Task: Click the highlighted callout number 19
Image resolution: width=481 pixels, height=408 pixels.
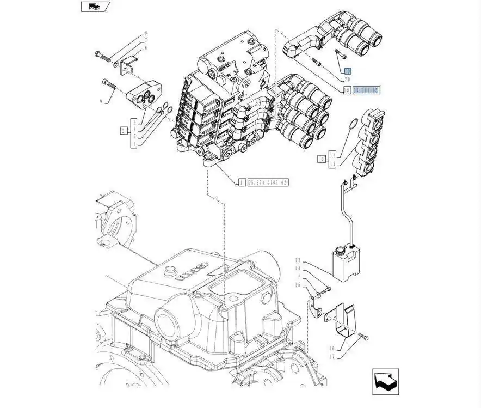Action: [x=348, y=71]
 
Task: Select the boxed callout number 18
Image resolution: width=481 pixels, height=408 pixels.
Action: [x=347, y=90]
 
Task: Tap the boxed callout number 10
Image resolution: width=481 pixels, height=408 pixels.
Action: [x=321, y=159]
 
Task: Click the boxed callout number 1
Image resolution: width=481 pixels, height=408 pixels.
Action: [x=241, y=182]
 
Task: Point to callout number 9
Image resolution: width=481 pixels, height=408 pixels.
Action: [x=101, y=101]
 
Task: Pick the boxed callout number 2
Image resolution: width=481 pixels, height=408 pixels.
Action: [x=124, y=130]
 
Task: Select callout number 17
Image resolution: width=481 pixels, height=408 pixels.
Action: [x=331, y=357]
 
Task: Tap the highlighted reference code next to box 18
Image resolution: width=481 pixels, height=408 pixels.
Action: [x=367, y=90]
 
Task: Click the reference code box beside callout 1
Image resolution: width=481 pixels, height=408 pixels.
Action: [x=268, y=182]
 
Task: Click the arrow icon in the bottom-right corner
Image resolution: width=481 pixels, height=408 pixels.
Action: [x=386, y=381]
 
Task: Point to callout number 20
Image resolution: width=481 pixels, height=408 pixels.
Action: [x=347, y=80]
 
